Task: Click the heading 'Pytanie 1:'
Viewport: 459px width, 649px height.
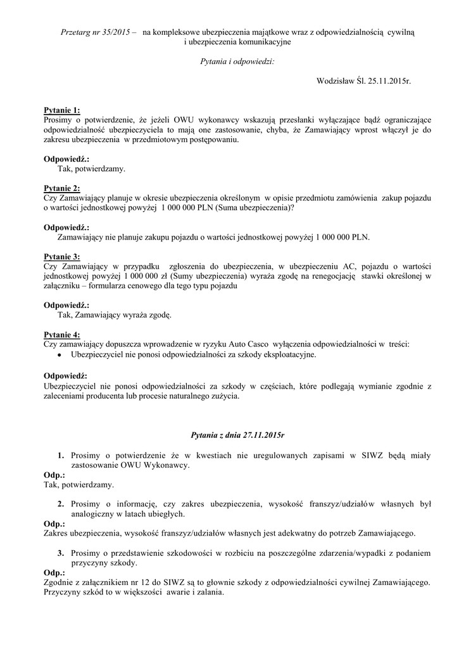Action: (61, 110)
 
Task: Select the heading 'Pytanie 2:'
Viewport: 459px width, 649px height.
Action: (61, 188)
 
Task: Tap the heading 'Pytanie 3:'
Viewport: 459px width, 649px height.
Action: (61, 257)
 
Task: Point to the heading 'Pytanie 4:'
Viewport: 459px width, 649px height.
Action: (61, 335)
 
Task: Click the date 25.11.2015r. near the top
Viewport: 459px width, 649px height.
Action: (389, 81)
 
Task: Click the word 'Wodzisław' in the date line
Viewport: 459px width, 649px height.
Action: (337, 81)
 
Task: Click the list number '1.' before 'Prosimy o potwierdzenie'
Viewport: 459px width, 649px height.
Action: (61, 455)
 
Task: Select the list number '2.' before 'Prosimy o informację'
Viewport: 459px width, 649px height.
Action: (61, 504)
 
